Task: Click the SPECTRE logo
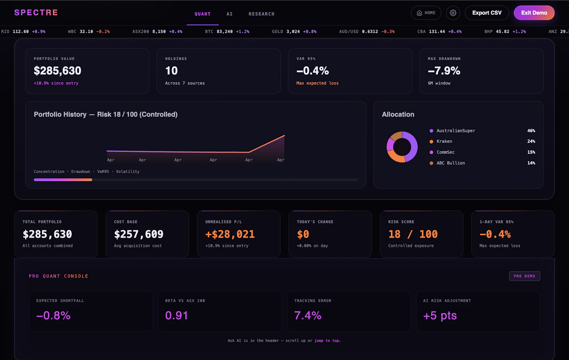[36, 12]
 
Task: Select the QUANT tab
[202, 14]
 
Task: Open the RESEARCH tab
[261, 14]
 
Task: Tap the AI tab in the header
[229, 14]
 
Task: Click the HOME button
[426, 13]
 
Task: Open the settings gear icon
[453, 13]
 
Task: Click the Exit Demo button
[534, 13]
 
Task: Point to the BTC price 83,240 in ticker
[224, 32]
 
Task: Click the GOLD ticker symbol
[277, 32]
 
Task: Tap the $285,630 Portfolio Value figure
[57, 71]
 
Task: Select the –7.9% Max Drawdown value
[444, 71]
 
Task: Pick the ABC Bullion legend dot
[431, 163]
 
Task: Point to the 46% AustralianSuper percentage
[531, 131]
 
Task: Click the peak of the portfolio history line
[284, 135]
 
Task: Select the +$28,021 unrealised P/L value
[230, 234]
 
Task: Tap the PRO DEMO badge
[525, 276]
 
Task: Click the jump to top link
[327, 340]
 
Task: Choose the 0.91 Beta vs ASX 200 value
[176, 315]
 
